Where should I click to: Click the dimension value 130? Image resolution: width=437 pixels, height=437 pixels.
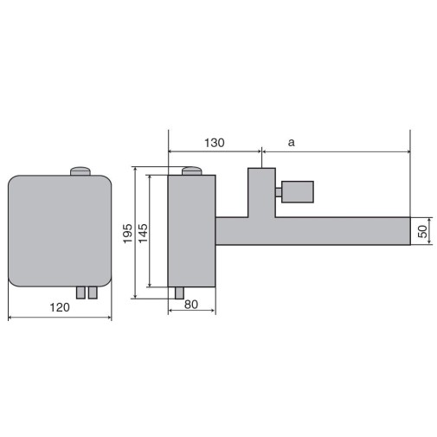pos(214,143)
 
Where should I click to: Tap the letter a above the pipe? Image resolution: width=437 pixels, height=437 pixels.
pos(292,142)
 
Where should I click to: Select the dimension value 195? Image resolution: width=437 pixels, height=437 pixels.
pos(128,233)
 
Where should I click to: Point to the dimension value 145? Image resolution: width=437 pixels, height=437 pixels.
pos(143,233)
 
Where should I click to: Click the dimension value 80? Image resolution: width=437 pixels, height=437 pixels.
pos(191,305)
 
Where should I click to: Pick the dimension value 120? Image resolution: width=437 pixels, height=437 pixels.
pos(60,307)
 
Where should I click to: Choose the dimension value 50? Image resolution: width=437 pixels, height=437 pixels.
pos(422,231)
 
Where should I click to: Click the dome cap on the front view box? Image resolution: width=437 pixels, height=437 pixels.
pos(80,171)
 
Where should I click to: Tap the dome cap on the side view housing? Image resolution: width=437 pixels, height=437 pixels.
pos(191,170)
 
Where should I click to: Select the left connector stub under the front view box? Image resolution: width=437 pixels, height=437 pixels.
pos(80,292)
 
